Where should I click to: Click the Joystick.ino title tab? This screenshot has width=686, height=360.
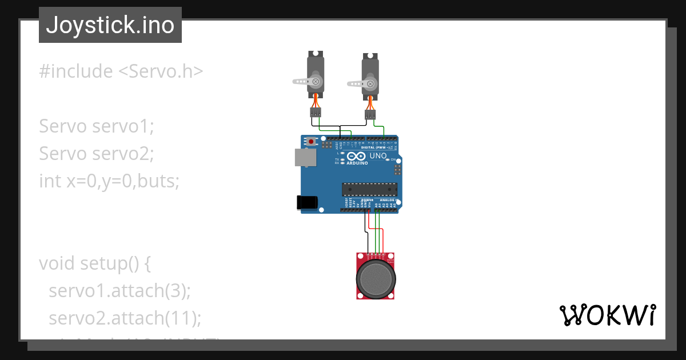(x=110, y=25)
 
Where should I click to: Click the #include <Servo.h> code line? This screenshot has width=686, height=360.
(x=121, y=71)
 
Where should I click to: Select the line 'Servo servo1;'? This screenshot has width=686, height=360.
(x=97, y=126)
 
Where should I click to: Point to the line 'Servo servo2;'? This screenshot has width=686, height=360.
(x=97, y=153)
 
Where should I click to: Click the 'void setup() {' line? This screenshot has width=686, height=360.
(x=95, y=263)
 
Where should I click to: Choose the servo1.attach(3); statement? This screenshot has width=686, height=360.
(x=119, y=290)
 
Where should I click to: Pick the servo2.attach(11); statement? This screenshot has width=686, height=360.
(x=125, y=318)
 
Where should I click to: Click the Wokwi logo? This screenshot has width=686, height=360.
(x=607, y=315)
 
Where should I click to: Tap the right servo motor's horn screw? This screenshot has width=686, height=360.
(x=370, y=85)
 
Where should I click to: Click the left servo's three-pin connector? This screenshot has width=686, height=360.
(x=316, y=112)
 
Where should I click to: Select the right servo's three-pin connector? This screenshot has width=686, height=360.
(x=371, y=115)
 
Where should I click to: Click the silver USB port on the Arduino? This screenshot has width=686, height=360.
(x=305, y=158)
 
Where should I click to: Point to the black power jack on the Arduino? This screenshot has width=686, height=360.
(x=306, y=202)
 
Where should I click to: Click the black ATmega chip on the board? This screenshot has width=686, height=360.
(x=369, y=189)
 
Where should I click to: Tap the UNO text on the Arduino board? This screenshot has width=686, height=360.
(x=378, y=155)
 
